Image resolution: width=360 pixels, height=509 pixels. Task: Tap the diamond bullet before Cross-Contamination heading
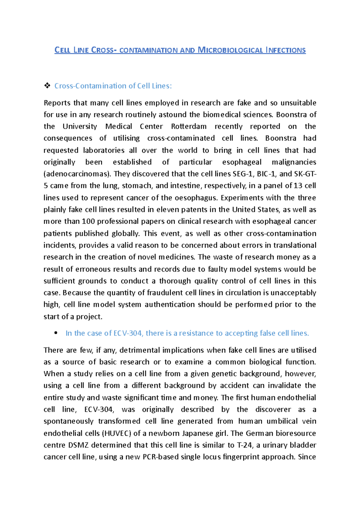tap(47, 86)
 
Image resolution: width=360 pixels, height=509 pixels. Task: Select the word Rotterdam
tap(189, 127)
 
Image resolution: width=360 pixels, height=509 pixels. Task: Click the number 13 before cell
tap(298, 186)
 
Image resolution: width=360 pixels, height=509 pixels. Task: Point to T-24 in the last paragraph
tap(244, 445)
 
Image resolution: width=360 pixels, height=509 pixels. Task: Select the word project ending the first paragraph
tap(89, 317)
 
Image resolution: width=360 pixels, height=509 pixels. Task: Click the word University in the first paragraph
tap(80, 127)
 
